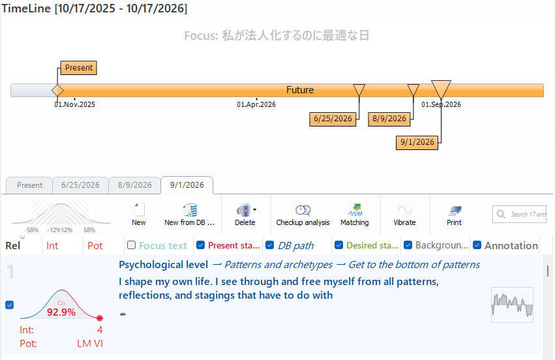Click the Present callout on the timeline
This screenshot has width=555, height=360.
click(78, 67)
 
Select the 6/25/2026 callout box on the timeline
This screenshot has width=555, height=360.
click(333, 119)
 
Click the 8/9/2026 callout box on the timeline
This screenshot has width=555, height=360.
click(389, 119)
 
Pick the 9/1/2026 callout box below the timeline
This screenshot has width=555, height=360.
click(417, 142)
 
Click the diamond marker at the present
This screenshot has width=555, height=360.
click(57, 90)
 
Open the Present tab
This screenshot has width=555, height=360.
click(29, 185)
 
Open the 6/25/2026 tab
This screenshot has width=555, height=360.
click(80, 185)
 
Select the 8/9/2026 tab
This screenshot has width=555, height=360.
click(134, 185)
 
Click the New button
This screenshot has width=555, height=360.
click(139, 214)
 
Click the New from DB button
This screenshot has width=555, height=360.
click(190, 214)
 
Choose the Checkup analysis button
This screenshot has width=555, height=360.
click(303, 214)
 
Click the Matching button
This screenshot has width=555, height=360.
click(355, 214)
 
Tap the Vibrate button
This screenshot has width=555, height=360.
click(404, 214)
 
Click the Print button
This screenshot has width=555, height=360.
click(455, 214)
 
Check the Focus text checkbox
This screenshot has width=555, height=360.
click(132, 245)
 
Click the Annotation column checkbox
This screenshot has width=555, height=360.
click(478, 245)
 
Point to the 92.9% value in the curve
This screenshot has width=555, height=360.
click(61, 312)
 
